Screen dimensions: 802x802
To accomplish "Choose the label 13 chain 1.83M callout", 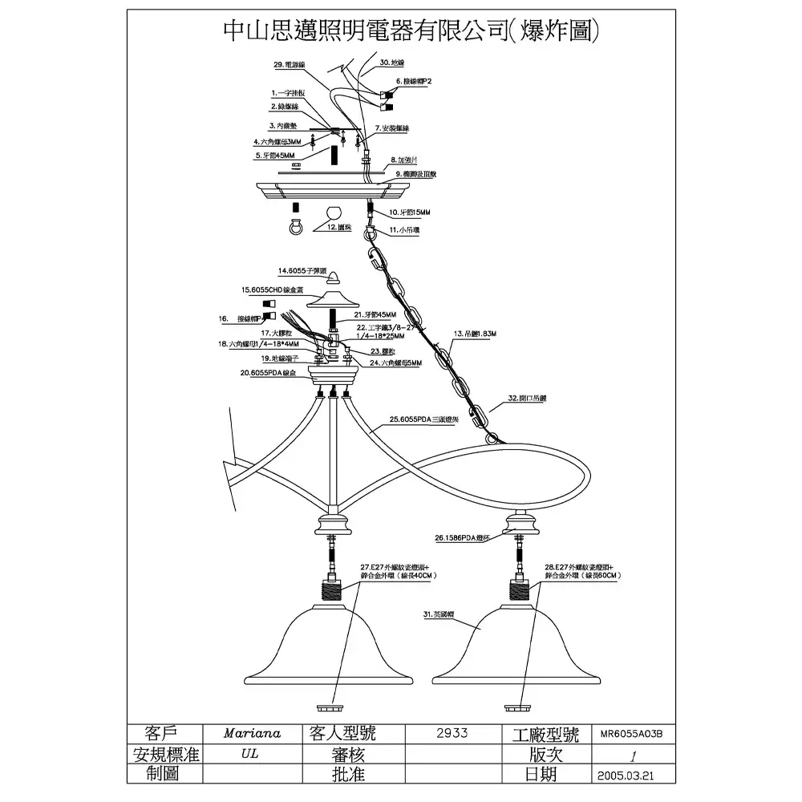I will pyautogui.click(x=476, y=333).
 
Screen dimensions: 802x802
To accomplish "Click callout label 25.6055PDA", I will pyautogui.click(x=423, y=419).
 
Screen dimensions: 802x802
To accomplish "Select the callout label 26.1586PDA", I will pyautogui.click(x=462, y=538).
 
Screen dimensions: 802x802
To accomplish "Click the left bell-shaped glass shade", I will pyautogui.click(x=330, y=650).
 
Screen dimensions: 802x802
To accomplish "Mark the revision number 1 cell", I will pyautogui.click(x=634, y=755).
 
